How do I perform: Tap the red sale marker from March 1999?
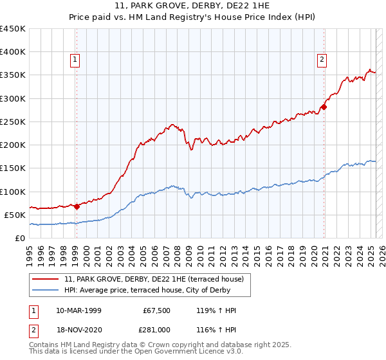point(77,206)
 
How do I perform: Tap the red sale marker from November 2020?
point(324,107)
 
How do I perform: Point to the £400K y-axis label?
point(13,52)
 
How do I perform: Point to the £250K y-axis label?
point(13,122)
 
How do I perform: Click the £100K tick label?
point(13,192)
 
